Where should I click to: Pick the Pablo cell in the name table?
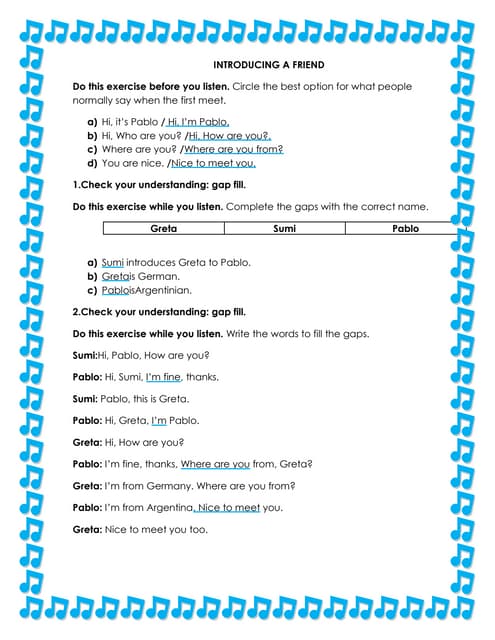click(x=405, y=229)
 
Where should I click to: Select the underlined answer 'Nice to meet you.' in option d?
click(x=213, y=162)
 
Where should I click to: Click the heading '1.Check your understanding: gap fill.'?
click(x=160, y=185)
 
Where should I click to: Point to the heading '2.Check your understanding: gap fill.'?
click(x=160, y=311)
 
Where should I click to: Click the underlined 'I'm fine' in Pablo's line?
click(x=164, y=377)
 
